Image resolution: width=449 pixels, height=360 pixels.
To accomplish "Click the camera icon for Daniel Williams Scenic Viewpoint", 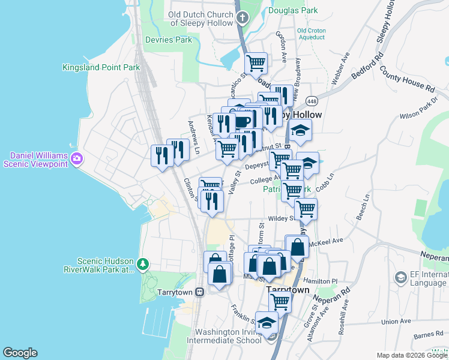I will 77,158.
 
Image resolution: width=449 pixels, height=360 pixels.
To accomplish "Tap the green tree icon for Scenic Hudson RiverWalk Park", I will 142,264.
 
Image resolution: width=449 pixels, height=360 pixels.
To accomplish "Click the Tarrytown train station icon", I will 199,292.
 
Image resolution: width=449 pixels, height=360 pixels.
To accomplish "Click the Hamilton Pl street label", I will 321,281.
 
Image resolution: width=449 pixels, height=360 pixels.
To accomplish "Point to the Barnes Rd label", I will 428,335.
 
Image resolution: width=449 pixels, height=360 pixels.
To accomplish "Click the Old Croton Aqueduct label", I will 310,34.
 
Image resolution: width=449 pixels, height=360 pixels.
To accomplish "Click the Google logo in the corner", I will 20,353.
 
